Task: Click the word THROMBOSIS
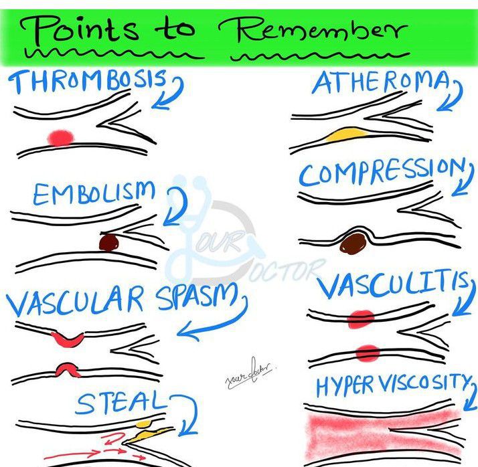(88, 82)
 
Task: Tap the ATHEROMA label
(380, 83)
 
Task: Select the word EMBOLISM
(93, 194)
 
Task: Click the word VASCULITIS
(392, 288)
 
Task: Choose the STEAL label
(120, 403)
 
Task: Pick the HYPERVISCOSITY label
(392, 384)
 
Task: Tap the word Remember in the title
(311, 30)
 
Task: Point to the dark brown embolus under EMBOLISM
(108, 242)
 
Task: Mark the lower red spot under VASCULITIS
(368, 352)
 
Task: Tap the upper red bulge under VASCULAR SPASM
(68, 338)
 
